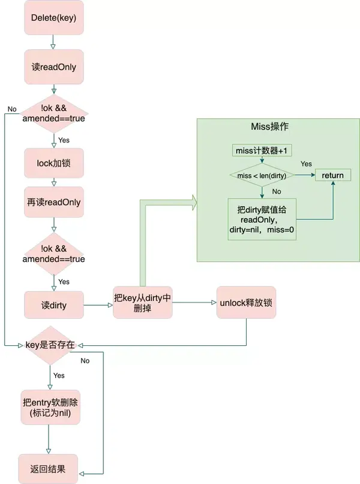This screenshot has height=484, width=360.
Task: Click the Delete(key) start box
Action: pos(54,17)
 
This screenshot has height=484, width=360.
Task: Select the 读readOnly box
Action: pos(54,67)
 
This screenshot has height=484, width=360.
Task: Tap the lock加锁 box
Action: pos(54,163)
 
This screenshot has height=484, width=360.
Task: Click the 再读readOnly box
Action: pos(54,202)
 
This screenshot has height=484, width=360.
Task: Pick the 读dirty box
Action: pos(54,305)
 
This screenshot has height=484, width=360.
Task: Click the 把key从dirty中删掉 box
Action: pos(143,303)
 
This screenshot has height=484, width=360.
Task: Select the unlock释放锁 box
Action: pos(246,303)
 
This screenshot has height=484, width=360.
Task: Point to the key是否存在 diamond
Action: pos(50,345)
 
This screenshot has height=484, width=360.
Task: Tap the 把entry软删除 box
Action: pos(50,407)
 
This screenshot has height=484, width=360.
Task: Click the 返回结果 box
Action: pos(48,469)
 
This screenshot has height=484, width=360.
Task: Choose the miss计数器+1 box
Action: pos(262,150)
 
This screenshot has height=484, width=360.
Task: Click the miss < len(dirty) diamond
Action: pos(262,175)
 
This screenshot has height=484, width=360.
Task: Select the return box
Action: pos(333,175)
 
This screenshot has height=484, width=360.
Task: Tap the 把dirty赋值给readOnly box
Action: pos(262,219)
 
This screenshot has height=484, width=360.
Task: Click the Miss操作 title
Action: pos(269,126)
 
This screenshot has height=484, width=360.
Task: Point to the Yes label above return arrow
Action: pos(307,164)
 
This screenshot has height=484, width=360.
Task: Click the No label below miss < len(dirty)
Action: pos(277,192)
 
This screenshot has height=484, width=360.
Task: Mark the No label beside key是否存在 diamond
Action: pos(85,361)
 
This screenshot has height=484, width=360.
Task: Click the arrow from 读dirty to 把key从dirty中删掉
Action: pos(98,305)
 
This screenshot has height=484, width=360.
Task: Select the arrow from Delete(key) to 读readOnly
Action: pos(53,42)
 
